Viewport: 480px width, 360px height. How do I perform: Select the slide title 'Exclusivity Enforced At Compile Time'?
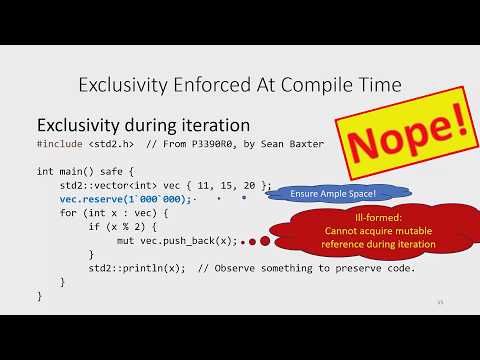point(240,85)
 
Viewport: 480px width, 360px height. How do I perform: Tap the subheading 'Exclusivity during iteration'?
point(143,127)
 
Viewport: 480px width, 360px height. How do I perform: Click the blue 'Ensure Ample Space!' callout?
point(331,193)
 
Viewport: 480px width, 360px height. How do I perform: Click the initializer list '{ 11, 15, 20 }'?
point(236,185)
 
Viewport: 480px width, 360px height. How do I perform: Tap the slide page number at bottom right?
point(439,302)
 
